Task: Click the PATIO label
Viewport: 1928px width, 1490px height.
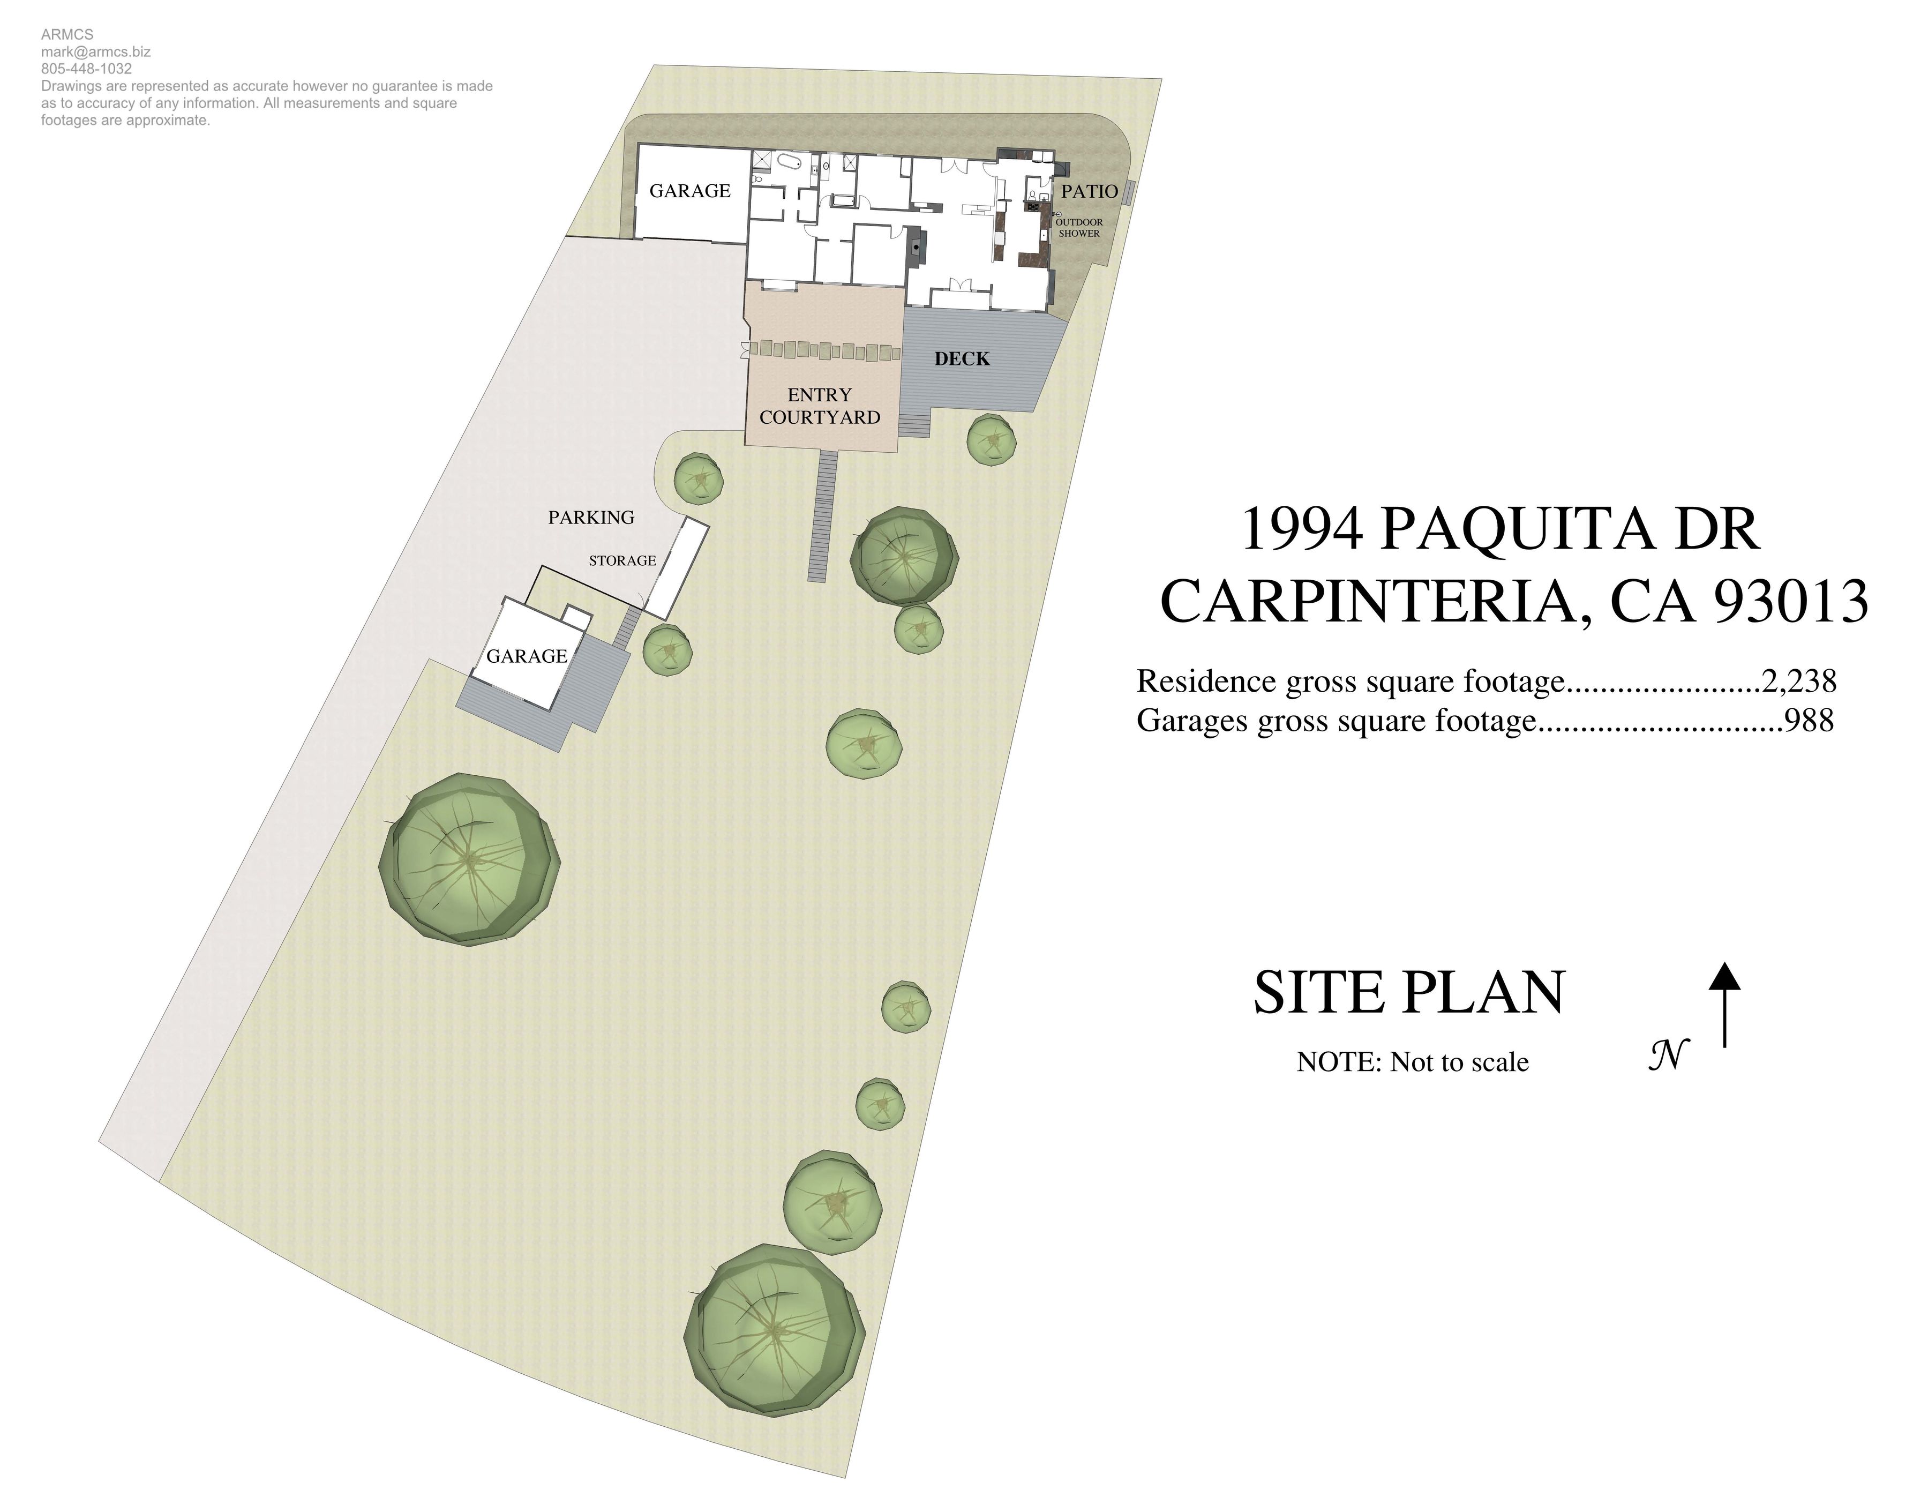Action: pos(1090,192)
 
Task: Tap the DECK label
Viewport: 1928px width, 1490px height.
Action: pos(962,358)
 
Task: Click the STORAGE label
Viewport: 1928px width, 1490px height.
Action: pos(622,560)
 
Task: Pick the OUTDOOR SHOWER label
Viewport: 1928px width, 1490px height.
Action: pos(1079,228)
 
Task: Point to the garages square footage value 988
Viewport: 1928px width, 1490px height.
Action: pos(1809,720)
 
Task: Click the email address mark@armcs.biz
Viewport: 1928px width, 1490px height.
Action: pos(95,52)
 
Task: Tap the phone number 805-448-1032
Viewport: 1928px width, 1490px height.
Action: pos(86,69)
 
